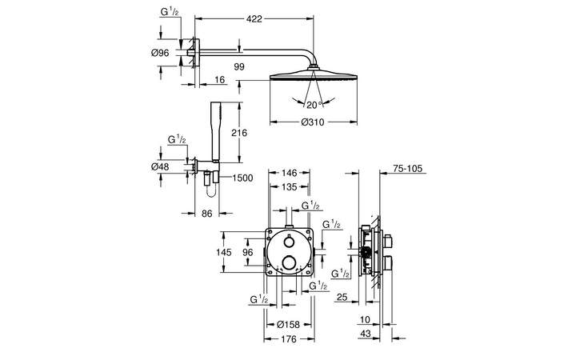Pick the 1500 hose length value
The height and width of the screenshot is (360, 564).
[244, 179]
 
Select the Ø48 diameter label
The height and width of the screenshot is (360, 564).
[160, 166]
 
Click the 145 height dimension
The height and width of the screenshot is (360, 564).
[225, 253]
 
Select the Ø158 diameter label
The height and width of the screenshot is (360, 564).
[287, 325]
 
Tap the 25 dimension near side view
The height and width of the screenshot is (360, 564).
[342, 298]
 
